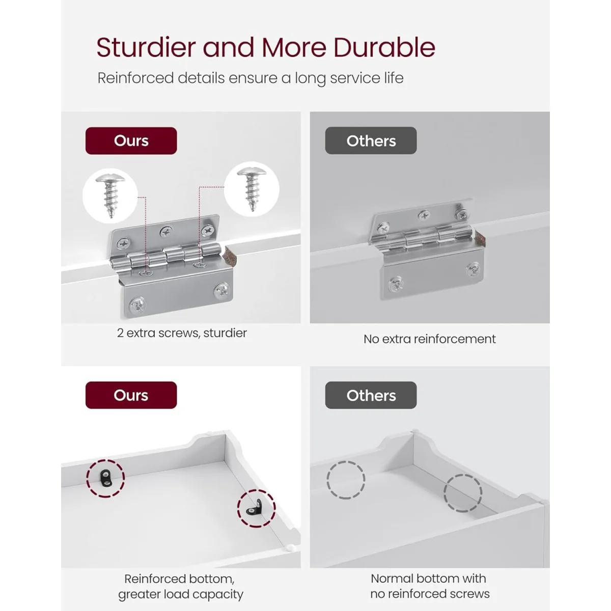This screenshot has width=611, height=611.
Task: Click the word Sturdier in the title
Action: (x=146, y=47)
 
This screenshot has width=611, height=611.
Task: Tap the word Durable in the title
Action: (x=384, y=47)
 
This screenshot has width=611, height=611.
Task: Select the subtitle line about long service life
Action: (x=251, y=78)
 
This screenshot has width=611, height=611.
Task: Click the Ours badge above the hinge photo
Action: (x=131, y=141)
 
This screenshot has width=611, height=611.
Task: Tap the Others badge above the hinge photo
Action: (x=371, y=141)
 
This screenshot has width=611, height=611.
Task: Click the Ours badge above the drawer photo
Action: (x=131, y=395)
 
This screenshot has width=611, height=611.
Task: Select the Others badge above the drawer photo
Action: (x=371, y=395)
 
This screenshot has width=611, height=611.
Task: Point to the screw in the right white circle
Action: (x=252, y=189)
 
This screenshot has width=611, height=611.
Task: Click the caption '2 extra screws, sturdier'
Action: (x=182, y=333)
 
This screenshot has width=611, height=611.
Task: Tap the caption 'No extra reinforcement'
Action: (x=430, y=339)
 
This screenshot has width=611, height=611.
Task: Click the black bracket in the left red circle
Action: (x=105, y=479)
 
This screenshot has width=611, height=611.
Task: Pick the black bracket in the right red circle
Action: (x=256, y=508)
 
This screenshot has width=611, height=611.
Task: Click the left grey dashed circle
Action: (x=327, y=480)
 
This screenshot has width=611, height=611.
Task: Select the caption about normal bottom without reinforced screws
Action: (x=430, y=586)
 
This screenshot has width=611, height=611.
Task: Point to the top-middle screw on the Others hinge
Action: (x=424, y=215)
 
